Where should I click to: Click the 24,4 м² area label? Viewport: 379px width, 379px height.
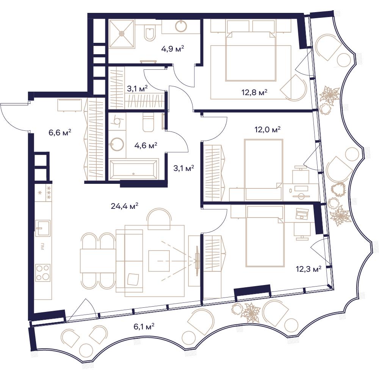coord(124,206)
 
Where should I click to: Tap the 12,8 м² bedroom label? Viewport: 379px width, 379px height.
coord(254,92)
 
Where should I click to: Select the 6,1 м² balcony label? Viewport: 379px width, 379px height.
coord(144,327)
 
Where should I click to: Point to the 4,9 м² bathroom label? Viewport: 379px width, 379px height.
coord(172,49)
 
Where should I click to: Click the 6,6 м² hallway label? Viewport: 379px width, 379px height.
coord(60,132)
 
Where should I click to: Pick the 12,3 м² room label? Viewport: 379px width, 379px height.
coord(309,269)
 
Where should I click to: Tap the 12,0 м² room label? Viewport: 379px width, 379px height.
coord(267,130)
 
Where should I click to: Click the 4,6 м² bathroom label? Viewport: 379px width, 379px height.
coord(146,146)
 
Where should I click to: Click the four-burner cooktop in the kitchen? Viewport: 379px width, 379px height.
coord(43,273)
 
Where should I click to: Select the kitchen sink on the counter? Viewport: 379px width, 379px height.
coord(43,228)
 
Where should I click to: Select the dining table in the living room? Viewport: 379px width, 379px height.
coord(98,261)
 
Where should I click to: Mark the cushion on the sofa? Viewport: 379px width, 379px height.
coord(133,279)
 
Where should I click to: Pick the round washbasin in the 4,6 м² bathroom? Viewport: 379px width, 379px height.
coord(117,144)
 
